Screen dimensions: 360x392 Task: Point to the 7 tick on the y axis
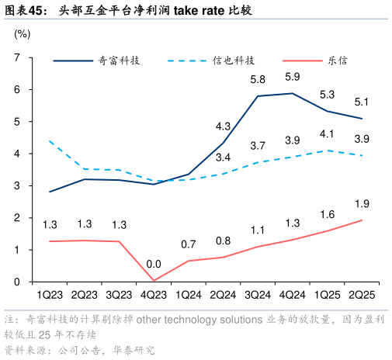click(x=16, y=57)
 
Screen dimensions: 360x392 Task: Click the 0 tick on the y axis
click(x=16, y=282)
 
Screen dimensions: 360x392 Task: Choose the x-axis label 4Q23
click(x=154, y=296)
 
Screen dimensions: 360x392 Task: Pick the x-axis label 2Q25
click(x=362, y=296)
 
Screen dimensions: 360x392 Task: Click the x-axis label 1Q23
click(x=50, y=296)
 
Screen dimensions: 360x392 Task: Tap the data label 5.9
click(x=293, y=77)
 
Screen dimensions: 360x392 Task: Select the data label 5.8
click(x=258, y=80)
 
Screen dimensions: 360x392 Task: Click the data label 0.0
click(x=154, y=264)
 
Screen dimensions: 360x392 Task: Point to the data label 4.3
click(x=223, y=126)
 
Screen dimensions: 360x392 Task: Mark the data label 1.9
click(x=362, y=203)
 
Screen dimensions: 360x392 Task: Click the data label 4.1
click(x=327, y=133)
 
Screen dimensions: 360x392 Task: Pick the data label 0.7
click(x=189, y=244)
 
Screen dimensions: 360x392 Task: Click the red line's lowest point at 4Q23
click(x=154, y=281)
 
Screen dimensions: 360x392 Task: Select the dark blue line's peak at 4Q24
click(x=293, y=93)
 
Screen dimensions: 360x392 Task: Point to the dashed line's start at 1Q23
click(x=50, y=141)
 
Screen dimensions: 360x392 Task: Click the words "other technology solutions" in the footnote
click(x=198, y=320)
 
